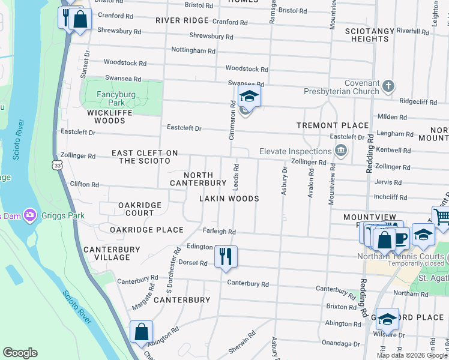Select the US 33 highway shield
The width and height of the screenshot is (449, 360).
click(x=56, y=164)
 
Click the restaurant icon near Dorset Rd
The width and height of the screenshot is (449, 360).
click(x=226, y=256)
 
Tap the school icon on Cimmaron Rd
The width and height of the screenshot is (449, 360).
click(x=249, y=96)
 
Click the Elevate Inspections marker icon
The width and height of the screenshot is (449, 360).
click(x=341, y=150)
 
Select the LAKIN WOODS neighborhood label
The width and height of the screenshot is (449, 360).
click(x=229, y=199)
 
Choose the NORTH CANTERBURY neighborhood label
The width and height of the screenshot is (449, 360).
click(x=197, y=179)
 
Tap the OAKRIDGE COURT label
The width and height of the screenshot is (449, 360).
click(x=140, y=209)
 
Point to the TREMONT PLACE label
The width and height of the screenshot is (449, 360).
click(x=333, y=125)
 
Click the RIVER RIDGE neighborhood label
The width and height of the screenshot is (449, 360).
click(x=182, y=20)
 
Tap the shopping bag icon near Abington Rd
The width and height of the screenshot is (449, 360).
click(x=141, y=332)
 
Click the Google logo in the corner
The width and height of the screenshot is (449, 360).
click(x=20, y=353)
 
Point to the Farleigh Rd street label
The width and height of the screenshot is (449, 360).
click(x=219, y=232)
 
